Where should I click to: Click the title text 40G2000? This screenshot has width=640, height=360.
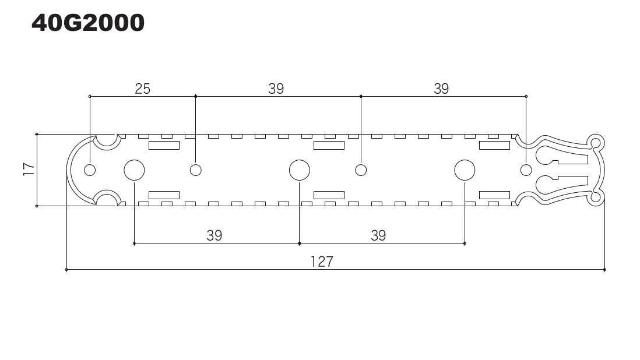[x=88, y=23]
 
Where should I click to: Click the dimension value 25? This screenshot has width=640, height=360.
[x=142, y=89]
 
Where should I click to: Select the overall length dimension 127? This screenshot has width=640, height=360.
[x=321, y=262]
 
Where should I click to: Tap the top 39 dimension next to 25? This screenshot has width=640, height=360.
[x=276, y=89]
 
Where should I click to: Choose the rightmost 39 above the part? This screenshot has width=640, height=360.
[x=441, y=89]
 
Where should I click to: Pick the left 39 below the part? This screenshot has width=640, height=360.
[x=214, y=235]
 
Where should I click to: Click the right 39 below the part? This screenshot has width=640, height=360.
[x=378, y=235]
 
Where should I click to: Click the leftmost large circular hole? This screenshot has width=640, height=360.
[x=134, y=170]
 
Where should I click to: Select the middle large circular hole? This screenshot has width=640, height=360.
[x=300, y=170]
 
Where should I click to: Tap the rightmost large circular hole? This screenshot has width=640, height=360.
[x=465, y=170]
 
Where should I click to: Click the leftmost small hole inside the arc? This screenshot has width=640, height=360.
[x=90, y=170]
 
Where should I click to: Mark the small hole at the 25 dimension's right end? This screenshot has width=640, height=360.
[x=196, y=170]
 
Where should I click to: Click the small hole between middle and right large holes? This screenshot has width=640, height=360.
[x=361, y=170]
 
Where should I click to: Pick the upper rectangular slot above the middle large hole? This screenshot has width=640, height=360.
[x=329, y=145]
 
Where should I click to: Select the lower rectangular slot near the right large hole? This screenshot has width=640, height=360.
[x=494, y=195]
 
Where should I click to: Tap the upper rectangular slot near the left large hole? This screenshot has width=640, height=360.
[x=164, y=145]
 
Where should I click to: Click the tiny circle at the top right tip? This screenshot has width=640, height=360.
[x=595, y=142]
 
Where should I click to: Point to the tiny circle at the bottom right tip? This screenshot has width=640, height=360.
[x=595, y=197]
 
